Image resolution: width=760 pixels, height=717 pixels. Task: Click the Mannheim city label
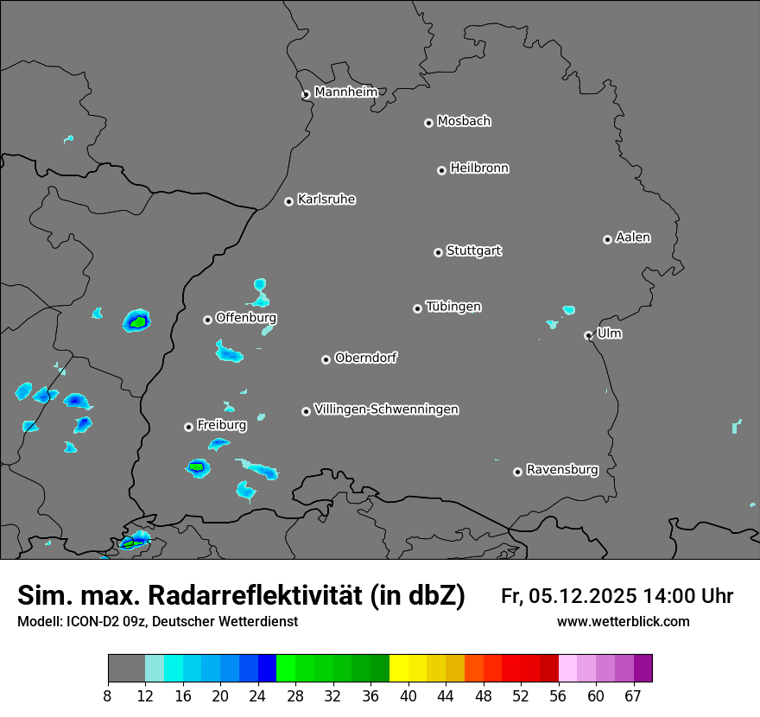pos(345,92)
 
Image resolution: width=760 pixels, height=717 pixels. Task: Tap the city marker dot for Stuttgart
pos(438,252)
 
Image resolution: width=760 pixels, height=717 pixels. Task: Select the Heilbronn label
pos(479,168)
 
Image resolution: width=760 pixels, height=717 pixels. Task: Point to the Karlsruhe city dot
pos(288,201)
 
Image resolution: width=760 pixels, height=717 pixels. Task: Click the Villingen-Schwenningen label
pos(387,409)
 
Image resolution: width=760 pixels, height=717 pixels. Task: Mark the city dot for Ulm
pos(588,335)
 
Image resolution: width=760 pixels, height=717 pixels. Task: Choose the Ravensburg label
pos(562,470)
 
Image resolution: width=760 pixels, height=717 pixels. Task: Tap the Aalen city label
pos(633,238)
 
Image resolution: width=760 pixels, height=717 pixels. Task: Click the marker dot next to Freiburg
pos(188,427)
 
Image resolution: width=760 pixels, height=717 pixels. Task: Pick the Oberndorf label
pos(365,358)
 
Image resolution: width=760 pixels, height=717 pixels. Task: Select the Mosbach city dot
pos(428,123)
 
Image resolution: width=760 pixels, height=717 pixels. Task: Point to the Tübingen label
pos(453,307)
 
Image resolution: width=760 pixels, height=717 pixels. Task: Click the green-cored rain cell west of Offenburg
pos(136,321)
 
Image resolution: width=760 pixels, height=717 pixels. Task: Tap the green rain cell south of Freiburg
pos(198,467)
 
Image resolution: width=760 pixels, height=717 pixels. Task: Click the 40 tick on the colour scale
pos(408,695)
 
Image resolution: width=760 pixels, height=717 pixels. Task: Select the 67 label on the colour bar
pos(633,695)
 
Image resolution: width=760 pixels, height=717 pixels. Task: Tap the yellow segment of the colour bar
pos(399,669)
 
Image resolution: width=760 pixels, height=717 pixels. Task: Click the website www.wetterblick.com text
pos(623,621)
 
